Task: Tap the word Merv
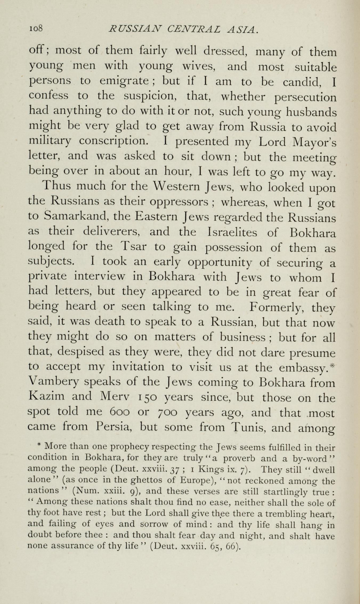[115, 397]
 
